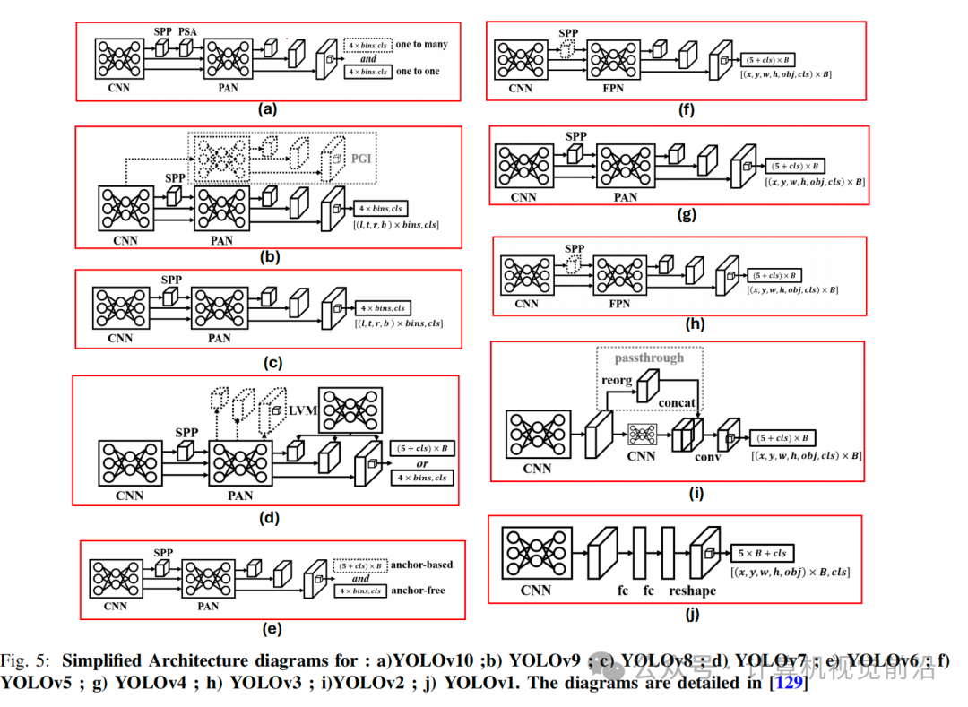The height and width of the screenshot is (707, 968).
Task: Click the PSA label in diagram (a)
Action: pyautogui.click(x=187, y=31)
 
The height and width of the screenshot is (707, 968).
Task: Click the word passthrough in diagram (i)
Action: pyautogui.click(x=649, y=358)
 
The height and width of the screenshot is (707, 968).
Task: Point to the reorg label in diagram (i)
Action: pyautogui.click(x=617, y=380)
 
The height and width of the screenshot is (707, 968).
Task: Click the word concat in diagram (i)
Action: pyautogui.click(x=677, y=403)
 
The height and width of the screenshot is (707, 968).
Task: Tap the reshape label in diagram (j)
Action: pyautogui.click(x=692, y=591)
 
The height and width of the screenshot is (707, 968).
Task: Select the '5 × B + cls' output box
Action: pyautogui.click(x=762, y=554)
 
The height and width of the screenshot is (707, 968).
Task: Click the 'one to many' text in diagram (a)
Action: pyautogui.click(x=422, y=45)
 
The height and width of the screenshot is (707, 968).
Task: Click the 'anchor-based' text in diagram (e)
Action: pyautogui.click(x=422, y=565)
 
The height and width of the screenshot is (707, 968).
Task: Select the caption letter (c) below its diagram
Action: pyautogui.click(x=270, y=363)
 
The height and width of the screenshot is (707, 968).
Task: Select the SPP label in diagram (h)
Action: pyautogui.click(x=575, y=248)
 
